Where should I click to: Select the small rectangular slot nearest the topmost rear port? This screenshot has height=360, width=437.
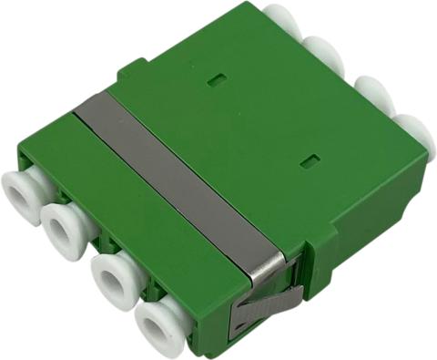[x=216, y=79]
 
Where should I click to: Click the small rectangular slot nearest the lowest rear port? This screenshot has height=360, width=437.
[x=310, y=162]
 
